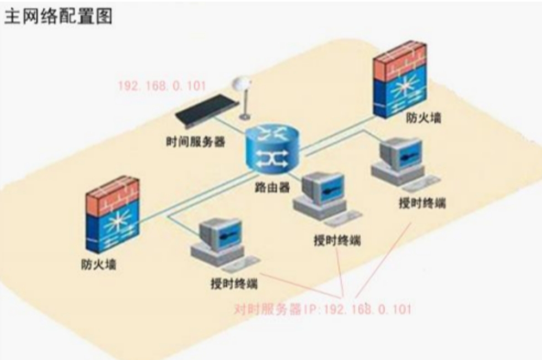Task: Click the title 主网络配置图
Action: coord(58,16)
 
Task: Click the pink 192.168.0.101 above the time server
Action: coord(162,85)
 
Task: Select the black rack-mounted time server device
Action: coord(207,109)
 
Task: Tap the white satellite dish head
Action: coord(241,84)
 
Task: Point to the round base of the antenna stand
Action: coord(245,117)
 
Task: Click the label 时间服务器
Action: coord(196,142)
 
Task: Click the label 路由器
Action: coord(272,187)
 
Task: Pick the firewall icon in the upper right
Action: coord(400,79)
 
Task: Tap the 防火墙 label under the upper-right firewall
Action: coord(423,118)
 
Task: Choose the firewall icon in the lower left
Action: coord(112,214)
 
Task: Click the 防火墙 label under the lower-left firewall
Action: coord(99,265)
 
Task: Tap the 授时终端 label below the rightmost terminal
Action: coord(422,203)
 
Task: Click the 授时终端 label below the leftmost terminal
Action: coord(234,284)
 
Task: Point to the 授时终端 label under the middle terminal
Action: coord(337,240)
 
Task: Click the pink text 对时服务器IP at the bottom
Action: coord(277,309)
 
